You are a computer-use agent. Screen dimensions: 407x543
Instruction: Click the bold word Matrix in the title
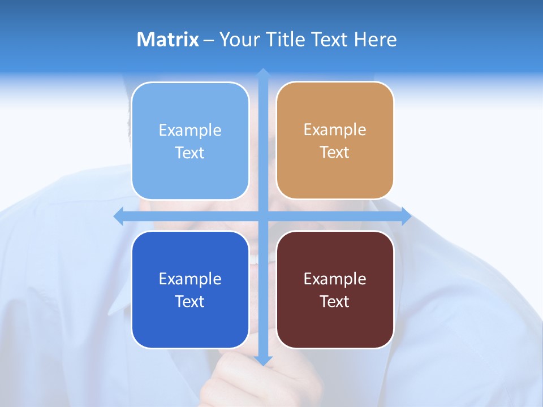167,40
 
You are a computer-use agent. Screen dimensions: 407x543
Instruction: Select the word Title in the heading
286,40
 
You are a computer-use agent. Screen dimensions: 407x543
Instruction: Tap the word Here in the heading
375,40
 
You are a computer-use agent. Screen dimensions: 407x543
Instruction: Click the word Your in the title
238,40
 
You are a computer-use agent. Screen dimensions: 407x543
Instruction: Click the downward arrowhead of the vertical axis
263,361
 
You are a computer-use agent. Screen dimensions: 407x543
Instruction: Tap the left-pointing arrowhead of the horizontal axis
119,216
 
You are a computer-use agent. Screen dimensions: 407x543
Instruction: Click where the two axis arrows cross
263,216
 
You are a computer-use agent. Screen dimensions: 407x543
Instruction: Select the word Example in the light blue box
190,130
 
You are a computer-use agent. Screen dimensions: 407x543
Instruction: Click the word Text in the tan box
335,152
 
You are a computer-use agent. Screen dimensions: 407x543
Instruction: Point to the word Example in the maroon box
335,279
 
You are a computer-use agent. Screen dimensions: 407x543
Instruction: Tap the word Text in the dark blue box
190,301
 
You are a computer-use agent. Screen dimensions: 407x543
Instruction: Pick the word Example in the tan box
335,129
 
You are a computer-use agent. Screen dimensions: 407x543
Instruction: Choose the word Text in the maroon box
335,301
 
